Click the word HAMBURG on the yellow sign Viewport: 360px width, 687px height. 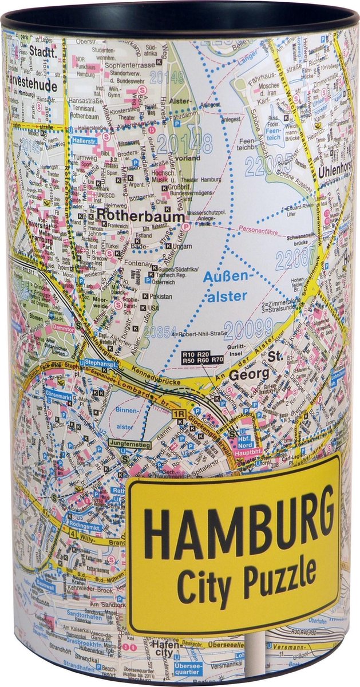click(x=239, y=526)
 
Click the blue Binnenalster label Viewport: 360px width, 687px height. click(x=127, y=418)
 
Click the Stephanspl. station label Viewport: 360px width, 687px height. click(x=97, y=362)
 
